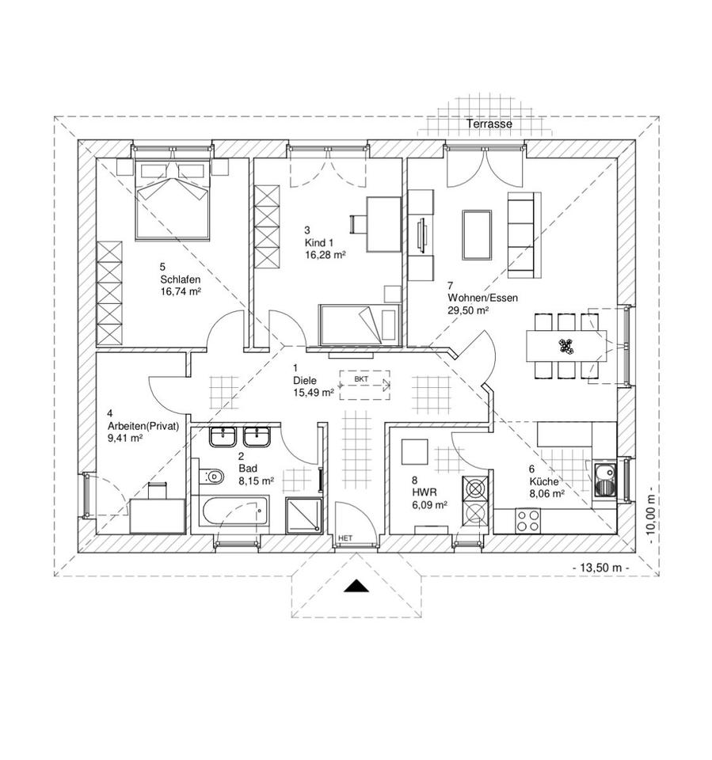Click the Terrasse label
coord(489,124)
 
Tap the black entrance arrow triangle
coord(358,586)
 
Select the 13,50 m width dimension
coord(600,568)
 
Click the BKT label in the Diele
coord(362,380)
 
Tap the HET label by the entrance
coord(345,538)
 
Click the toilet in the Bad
coord(213,477)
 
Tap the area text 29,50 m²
coord(467,310)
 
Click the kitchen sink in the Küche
coord(604,480)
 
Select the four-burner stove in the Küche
coord(528,520)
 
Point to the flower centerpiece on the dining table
coord(565,345)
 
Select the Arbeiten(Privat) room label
coord(143,425)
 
